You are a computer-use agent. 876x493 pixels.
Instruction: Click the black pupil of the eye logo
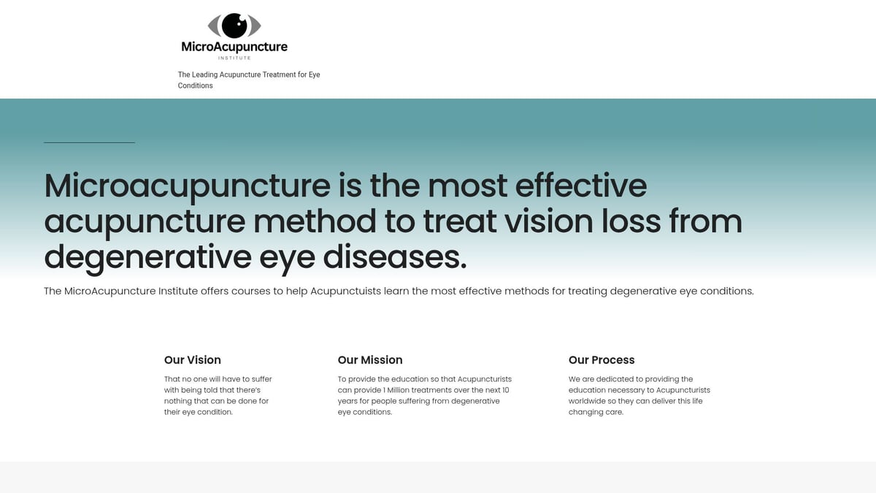point(234,26)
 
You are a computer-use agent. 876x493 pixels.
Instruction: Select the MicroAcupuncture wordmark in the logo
point(234,47)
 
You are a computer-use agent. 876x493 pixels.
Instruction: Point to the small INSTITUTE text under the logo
point(234,58)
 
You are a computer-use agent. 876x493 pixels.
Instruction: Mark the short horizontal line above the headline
point(89,142)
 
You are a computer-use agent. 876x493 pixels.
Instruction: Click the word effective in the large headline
point(581,186)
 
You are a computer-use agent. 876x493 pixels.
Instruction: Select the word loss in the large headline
point(624,221)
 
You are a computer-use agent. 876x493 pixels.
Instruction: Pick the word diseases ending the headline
point(394,256)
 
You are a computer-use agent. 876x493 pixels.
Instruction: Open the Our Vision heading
point(193,360)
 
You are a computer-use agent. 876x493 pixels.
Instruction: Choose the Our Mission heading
point(370,360)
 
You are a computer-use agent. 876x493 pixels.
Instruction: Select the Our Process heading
point(602,360)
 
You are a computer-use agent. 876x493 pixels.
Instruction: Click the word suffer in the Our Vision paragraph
point(261,379)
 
